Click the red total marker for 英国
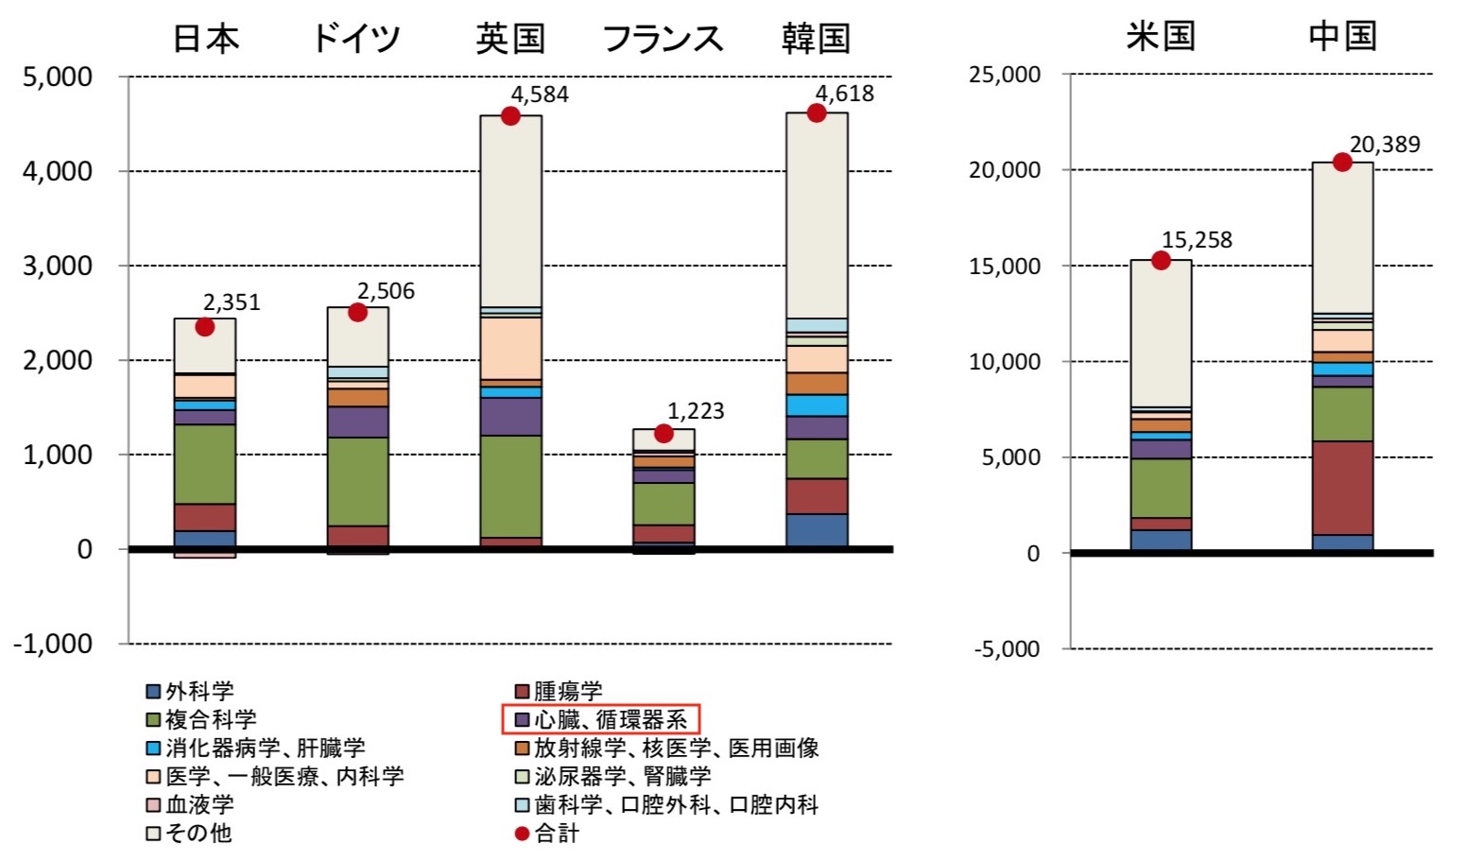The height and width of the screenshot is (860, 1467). click(510, 116)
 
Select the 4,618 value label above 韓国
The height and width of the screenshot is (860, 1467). click(844, 94)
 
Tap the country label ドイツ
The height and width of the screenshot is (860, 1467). click(356, 39)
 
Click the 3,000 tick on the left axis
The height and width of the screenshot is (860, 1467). click(58, 266)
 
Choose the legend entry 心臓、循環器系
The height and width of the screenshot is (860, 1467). click(600, 719)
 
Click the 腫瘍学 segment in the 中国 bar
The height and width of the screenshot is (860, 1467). click(1342, 488)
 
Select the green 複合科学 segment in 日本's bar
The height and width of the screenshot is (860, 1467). click(205, 464)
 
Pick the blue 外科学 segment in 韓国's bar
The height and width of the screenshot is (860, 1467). click(817, 530)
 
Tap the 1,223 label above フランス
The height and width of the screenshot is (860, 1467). click(696, 411)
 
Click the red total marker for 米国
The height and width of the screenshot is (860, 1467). click(1161, 261)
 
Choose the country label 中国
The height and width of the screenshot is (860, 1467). click(1342, 37)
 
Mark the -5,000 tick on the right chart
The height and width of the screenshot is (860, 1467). click(1007, 649)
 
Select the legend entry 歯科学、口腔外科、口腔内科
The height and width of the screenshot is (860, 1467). click(666, 804)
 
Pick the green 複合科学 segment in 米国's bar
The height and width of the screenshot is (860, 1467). click(1161, 488)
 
